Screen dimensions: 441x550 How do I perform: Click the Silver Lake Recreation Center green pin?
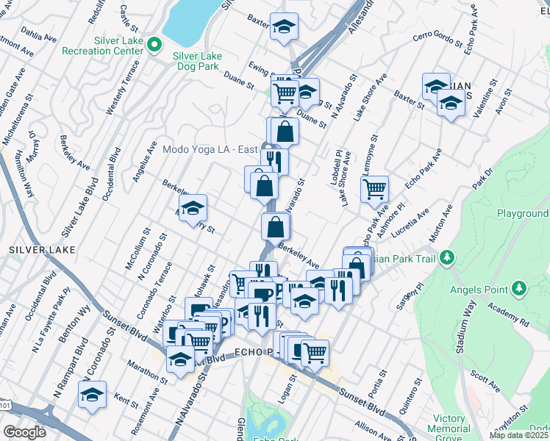(154, 45)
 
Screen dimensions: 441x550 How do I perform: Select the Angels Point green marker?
(519, 287)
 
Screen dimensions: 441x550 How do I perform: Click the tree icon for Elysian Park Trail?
(446, 258)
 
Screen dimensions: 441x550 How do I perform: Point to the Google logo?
(24, 431)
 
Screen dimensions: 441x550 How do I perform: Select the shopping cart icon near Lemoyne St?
(375, 189)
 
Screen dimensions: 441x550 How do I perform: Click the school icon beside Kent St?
(93, 395)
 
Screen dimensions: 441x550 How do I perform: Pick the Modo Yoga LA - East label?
(210, 149)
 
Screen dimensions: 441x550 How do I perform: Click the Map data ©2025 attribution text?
(518, 435)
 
